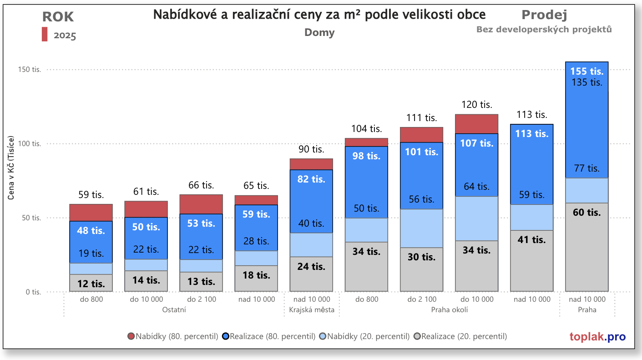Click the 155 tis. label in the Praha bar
tap(586, 71)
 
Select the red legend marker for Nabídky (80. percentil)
tap(131, 336)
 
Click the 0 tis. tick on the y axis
tap(33, 292)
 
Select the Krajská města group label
tap(312, 310)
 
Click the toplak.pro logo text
tap(597, 337)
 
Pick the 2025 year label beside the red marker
tap(65, 35)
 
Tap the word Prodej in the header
tap(544, 15)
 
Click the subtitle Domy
tap(319, 32)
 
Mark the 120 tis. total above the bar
tap(476, 105)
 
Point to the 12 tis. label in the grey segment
tap(91, 284)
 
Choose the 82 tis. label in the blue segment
tap(311, 179)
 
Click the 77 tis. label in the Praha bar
tap(586, 168)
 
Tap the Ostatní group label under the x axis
tap(174, 310)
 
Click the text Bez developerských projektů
tap(544, 29)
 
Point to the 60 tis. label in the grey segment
tap(586, 213)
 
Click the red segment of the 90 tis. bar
tap(311, 164)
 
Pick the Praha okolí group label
tap(449, 310)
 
